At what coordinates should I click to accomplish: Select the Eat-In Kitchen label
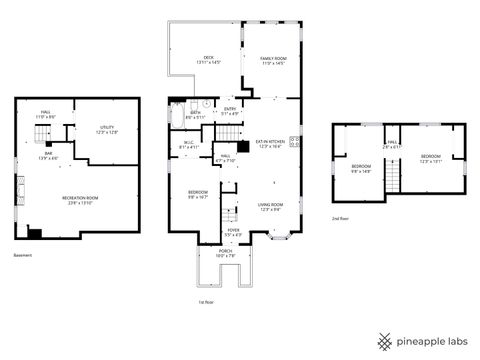click(x=270, y=144)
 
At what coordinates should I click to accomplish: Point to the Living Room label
click(x=273, y=206)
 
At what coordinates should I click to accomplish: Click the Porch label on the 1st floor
click(x=226, y=253)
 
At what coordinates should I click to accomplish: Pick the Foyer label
click(x=233, y=232)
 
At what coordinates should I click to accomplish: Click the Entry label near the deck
click(x=230, y=110)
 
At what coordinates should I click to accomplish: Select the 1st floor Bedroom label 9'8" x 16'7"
click(x=198, y=194)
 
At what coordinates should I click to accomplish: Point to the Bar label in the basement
click(x=47, y=155)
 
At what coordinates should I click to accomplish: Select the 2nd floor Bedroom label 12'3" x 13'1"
click(x=430, y=159)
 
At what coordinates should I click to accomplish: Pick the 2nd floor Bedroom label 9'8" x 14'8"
click(x=361, y=168)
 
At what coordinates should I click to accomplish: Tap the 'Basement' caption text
click(x=23, y=256)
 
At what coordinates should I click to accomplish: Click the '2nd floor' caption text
click(x=342, y=218)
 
